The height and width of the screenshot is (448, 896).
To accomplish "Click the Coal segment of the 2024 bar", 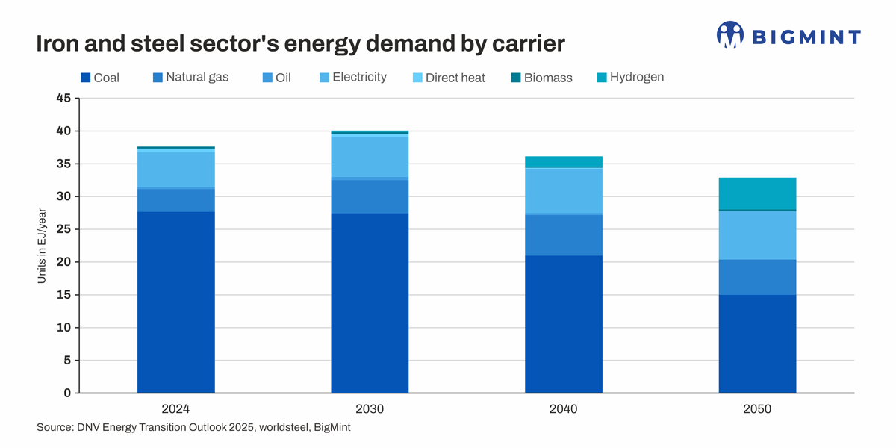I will click(176, 302).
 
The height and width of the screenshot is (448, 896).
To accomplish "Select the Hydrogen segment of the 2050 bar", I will click(757, 193).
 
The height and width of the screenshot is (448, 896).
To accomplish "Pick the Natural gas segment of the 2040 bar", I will click(564, 235).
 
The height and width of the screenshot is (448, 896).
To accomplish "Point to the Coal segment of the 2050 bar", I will click(757, 343).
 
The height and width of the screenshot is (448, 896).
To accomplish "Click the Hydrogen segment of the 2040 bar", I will click(564, 162).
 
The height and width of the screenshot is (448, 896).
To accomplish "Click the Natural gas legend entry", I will click(190, 77).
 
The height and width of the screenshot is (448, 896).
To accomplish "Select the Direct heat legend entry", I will click(448, 78).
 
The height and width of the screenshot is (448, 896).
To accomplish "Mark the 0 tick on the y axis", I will click(66, 393).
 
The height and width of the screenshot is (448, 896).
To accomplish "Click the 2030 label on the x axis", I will click(370, 409).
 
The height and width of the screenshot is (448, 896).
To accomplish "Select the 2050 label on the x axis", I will click(757, 409).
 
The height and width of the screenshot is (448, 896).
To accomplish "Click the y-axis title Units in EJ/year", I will click(42, 246).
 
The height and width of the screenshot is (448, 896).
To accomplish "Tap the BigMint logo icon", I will click(729, 34).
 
